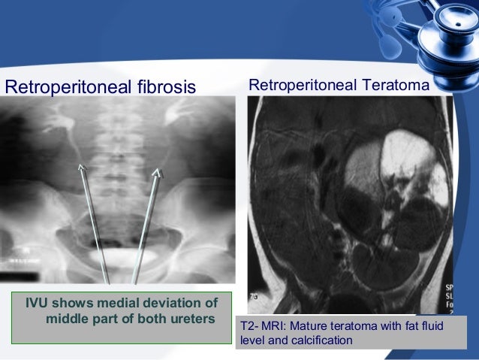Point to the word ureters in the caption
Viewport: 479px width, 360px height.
(x=191, y=319)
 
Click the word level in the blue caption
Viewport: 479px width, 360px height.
(x=252, y=340)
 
